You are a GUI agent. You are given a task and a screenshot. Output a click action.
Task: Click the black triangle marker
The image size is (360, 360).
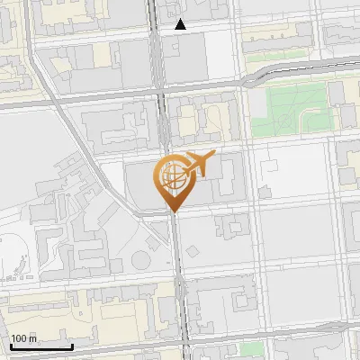[x=181, y=24]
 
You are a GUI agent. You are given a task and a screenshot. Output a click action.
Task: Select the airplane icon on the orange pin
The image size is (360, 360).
[x=199, y=164]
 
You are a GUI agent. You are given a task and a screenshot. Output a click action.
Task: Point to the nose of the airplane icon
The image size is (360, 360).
[x=214, y=157]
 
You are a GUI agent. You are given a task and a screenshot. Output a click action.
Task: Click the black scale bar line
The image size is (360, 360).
[x=40, y=346]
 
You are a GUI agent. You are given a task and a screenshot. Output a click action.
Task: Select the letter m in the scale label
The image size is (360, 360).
[x=32, y=339]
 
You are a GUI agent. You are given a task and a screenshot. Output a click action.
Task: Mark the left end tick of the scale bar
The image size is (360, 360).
[x=10, y=345]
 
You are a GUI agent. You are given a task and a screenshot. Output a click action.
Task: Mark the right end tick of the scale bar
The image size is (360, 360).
[x=72, y=345]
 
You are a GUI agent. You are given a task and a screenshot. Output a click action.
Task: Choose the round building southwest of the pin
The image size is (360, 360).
[x=140, y=259]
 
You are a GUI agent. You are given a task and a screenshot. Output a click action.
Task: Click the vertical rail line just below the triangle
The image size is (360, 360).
[x=163, y=54]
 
